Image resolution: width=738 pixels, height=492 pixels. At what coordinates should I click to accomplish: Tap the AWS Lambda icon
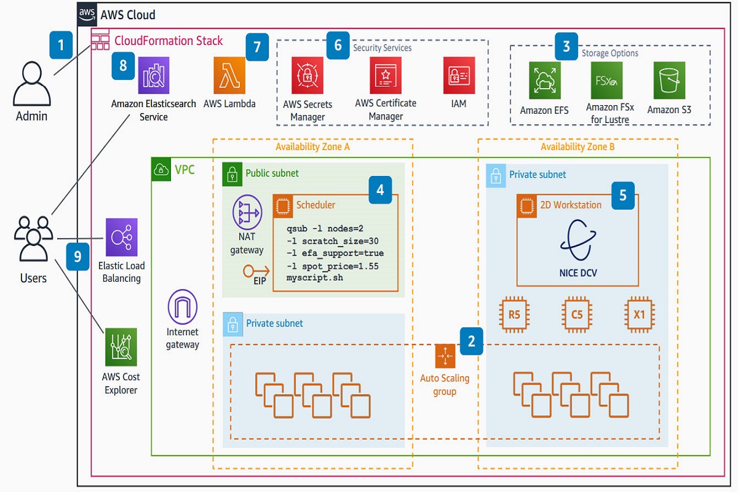click(x=229, y=75)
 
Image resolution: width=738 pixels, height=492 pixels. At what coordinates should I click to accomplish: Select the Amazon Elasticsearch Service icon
click(x=154, y=75)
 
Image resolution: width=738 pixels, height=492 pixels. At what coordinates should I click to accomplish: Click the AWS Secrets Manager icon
click(x=307, y=76)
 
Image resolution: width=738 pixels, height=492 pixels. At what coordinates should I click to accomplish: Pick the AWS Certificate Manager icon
click(x=386, y=75)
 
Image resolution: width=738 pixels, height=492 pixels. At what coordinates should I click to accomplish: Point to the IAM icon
click(x=459, y=75)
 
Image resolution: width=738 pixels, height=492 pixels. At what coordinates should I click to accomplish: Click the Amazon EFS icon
click(x=544, y=81)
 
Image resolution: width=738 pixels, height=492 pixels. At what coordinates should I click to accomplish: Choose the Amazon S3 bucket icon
click(x=669, y=81)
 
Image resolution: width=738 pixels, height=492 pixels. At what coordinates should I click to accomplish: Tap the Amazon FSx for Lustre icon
click(x=606, y=81)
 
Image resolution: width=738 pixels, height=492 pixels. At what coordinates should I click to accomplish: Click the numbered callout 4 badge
click(x=381, y=190)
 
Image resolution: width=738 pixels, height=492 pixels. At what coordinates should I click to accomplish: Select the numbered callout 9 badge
click(x=78, y=256)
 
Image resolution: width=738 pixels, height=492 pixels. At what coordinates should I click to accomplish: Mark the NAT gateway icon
click(x=247, y=212)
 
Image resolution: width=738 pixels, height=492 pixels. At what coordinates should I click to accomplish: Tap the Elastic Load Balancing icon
click(x=121, y=237)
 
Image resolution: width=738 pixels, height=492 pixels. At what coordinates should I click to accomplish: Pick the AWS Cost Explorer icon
click(x=121, y=347)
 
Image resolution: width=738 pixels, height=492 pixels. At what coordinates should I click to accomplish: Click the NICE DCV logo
click(x=577, y=242)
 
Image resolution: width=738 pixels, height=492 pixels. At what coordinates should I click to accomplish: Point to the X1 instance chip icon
click(x=640, y=315)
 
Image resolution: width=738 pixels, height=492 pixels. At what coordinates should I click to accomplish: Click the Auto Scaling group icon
click(x=444, y=357)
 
